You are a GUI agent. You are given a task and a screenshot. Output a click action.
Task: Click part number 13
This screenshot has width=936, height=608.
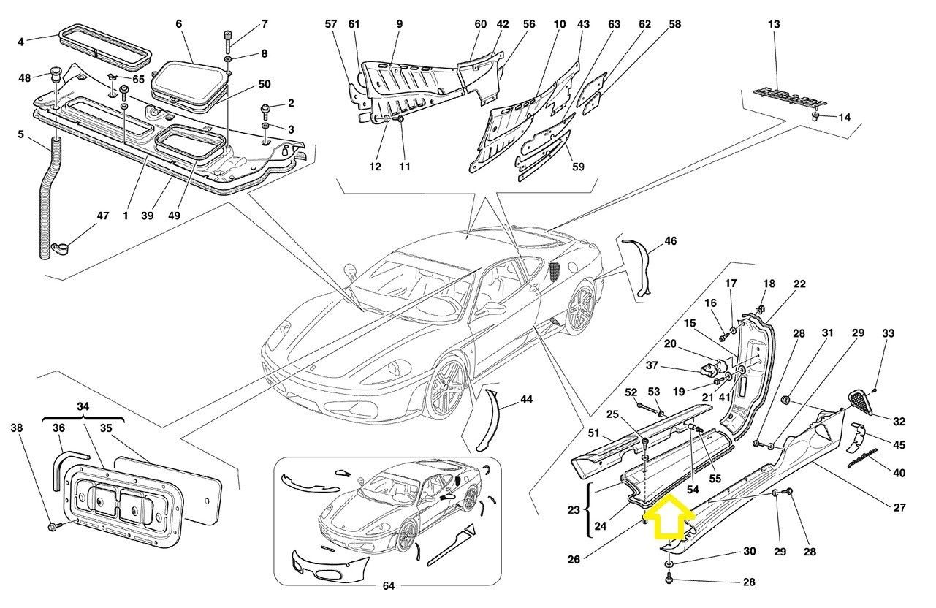(774, 25)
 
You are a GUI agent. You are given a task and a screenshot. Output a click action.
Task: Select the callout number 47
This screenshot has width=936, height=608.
(102, 216)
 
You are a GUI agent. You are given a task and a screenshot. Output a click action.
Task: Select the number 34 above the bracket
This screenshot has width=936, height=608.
(83, 406)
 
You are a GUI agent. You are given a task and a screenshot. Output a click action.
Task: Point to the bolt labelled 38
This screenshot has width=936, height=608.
(52, 525)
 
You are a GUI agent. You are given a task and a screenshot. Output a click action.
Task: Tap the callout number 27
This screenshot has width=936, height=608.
(899, 508)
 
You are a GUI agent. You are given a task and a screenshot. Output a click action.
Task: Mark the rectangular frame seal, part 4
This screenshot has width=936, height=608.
(104, 43)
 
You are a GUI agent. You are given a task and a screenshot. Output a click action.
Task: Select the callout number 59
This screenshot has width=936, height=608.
(578, 167)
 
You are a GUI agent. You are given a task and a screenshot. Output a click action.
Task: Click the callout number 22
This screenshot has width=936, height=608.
(799, 284)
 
